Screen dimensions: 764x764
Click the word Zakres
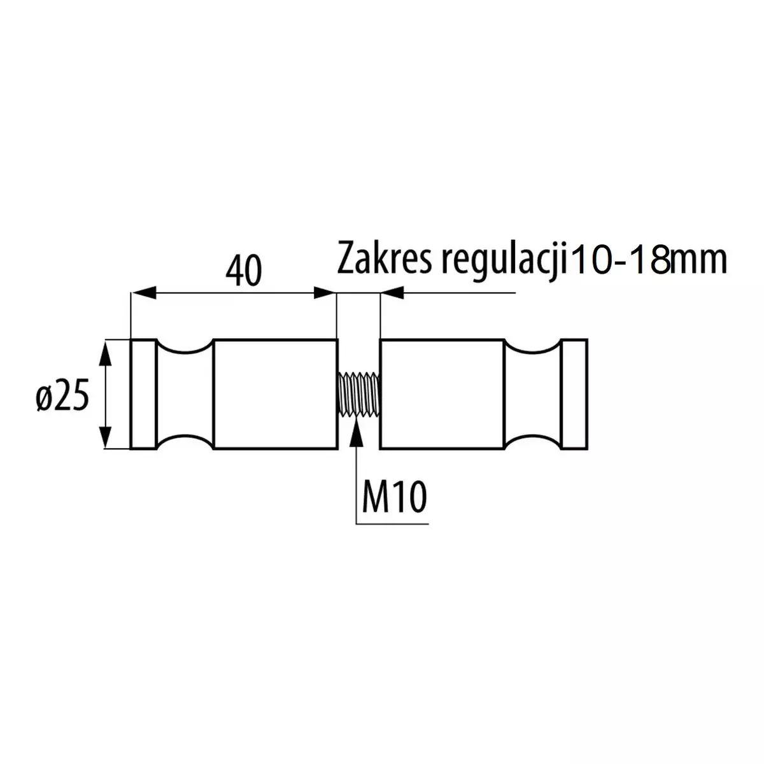pos(384,258)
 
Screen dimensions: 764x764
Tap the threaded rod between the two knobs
pos(360,394)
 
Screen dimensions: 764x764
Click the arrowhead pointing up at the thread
pos(357,432)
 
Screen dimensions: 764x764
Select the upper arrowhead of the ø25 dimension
pos(104,355)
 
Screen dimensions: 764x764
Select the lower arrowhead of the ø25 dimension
pos(104,434)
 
